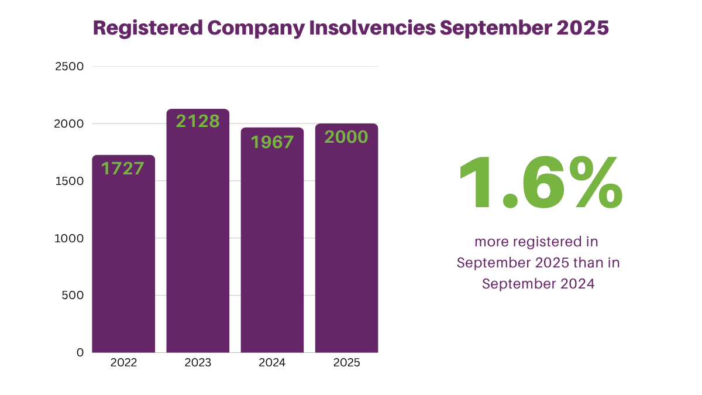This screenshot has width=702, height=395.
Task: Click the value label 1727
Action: (123, 169)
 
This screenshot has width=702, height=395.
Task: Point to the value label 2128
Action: (198, 121)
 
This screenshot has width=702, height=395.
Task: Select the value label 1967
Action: (272, 142)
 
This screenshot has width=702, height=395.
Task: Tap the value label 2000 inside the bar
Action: (346, 137)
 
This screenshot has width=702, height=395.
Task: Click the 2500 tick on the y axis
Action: (70, 67)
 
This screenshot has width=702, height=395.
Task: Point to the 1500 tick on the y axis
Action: (70, 181)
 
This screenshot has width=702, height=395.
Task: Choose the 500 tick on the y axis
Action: (73, 296)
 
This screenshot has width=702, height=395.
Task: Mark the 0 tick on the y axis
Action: (80, 352)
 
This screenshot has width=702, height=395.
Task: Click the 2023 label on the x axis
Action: (198, 363)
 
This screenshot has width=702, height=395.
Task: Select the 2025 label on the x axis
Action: (346, 363)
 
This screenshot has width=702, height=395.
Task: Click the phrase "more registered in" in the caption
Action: (536, 242)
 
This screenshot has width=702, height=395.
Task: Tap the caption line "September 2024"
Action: (538, 284)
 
